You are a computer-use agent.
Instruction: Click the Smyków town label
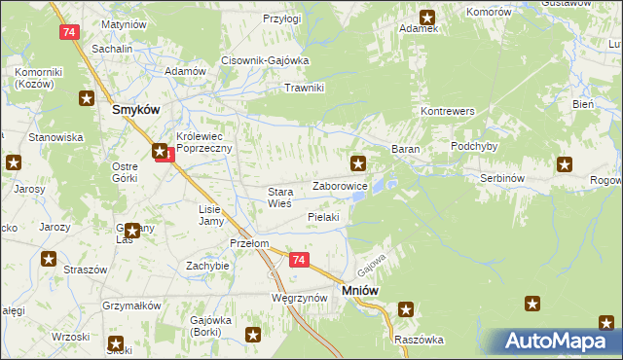click(135, 110)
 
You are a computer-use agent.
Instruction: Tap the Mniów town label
click(359, 290)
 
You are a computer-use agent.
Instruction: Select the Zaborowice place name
click(339, 185)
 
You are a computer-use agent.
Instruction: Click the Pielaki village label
click(323, 217)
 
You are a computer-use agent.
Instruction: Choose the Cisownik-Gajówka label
click(265, 60)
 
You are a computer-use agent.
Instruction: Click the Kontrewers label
click(447, 112)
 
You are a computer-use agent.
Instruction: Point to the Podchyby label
click(475, 146)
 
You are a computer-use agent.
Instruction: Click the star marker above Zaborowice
click(358, 162)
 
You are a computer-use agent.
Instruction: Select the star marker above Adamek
click(427, 16)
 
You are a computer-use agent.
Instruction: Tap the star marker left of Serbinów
click(564, 163)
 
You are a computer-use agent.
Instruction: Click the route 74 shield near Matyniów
click(67, 32)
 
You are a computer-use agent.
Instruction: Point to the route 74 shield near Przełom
click(298, 260)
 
